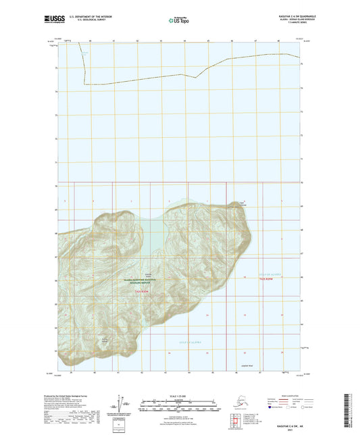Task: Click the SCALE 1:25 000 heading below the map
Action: click(x=179, y=395)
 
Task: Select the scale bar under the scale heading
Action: click(x=179, y=403)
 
